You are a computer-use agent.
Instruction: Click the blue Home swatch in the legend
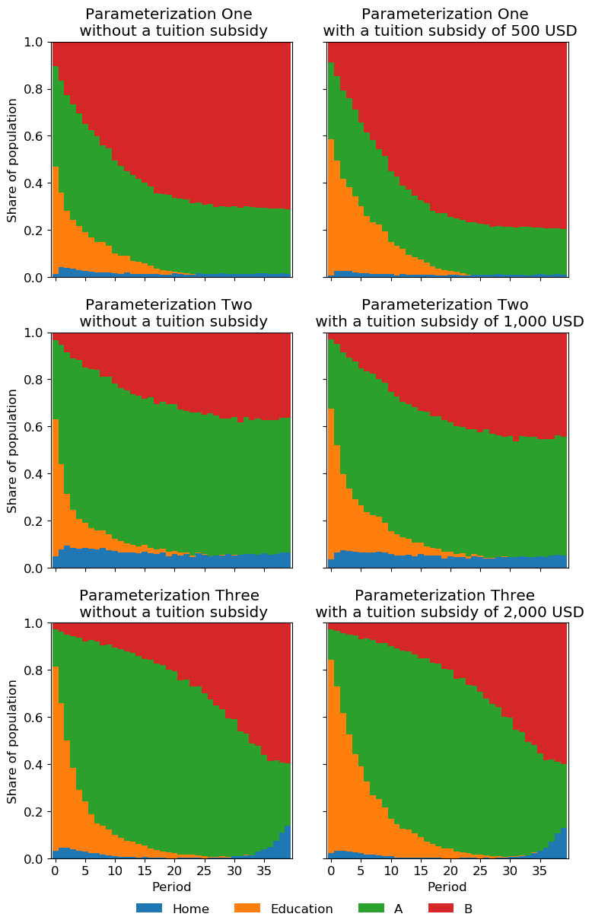[149, 908]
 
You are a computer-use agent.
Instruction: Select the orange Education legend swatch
[247, 908]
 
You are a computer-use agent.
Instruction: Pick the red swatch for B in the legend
[441, 908]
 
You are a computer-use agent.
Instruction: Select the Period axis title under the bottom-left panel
[172, 887]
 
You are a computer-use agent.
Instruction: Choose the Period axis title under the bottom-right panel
[447, 887]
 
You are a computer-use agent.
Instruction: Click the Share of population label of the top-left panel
[12, 159]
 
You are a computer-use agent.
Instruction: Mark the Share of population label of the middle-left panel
[12, 450]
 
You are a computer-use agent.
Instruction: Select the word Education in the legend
[301, 909]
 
